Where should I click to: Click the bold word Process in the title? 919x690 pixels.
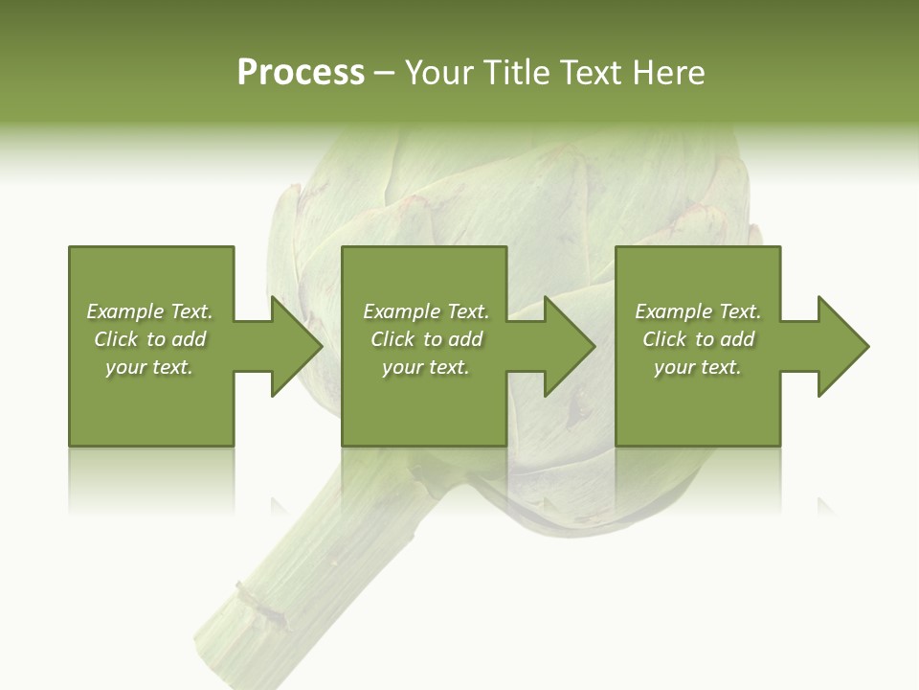(x=301, y=73)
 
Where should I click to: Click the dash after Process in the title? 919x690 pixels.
(x=384, y=74)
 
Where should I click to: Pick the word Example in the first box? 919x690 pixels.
(x=125, y=311)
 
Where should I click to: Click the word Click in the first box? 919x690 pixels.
(x=117, y=339)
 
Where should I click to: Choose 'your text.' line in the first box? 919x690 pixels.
(x=149, y=367)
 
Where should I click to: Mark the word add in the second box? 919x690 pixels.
(x=465, y=339)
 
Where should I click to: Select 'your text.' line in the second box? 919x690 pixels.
(x=425, y=367)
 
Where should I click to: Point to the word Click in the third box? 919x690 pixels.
(x=665, y=339)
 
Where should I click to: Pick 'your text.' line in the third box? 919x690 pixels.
(x=698, y=367)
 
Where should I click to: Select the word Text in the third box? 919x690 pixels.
(x=739, y=311)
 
